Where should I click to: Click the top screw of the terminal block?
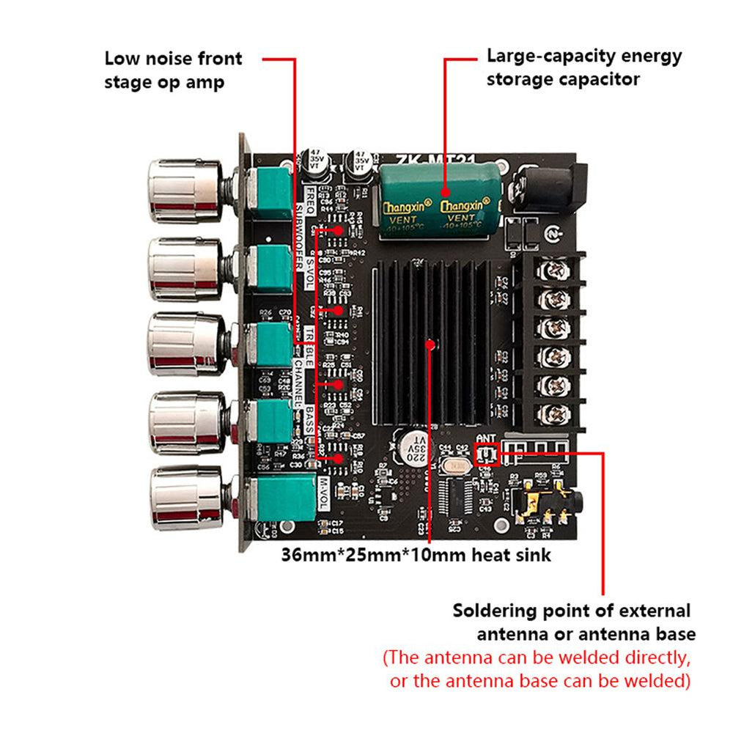pyautogui.click(x=553, y=272)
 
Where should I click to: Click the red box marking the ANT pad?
pyautogui.click(x=487, y=455)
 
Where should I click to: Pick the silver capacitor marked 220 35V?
pyautogui.click(x=413, y=443)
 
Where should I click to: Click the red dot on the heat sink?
pyautogui.click(x=432, y=342)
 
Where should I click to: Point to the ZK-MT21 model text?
pyautogui.click(x=426, y=158)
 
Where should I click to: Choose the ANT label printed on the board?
pyautogui.click(x=487, y=439)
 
